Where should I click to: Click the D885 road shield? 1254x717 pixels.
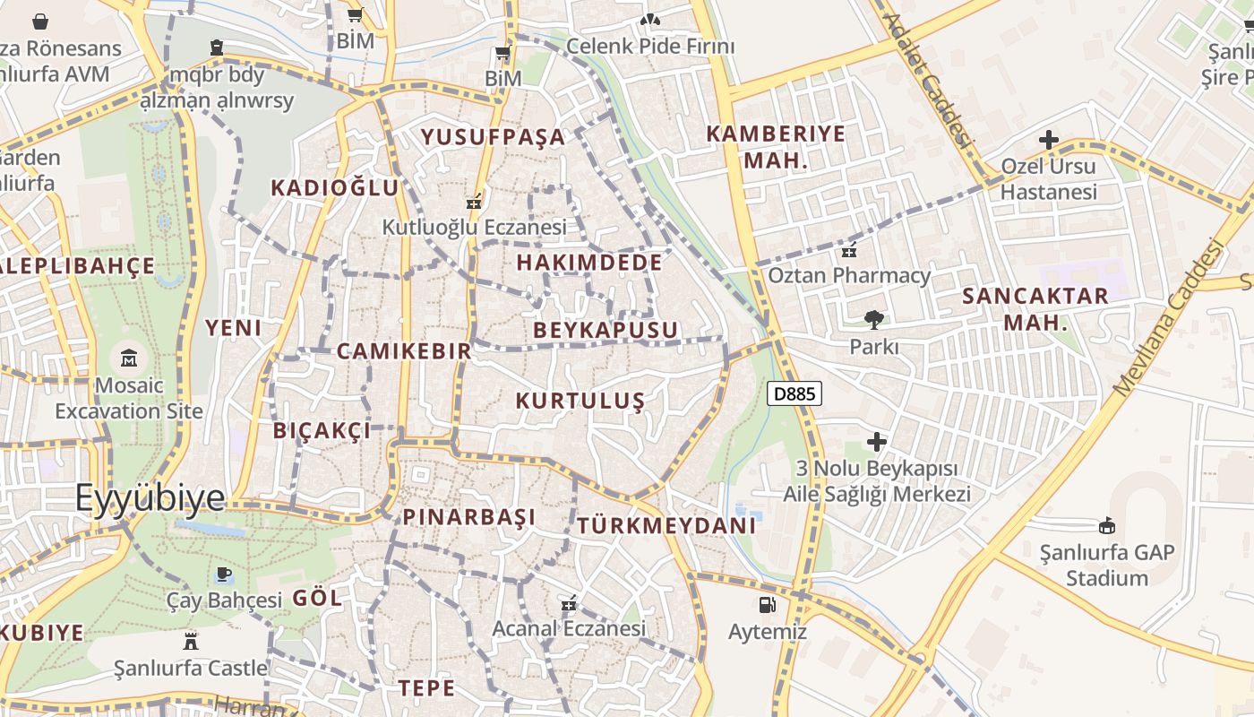(x=794, y=393)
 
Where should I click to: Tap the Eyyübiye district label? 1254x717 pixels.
(x=150, y=497)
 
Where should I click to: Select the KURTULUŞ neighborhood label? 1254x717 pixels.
(x=580, y=400)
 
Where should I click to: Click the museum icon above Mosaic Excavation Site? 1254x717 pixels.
(x=129, y=358)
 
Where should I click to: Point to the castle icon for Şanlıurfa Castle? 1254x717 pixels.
(x=190, y=641)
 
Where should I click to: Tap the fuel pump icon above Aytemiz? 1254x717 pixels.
(x=767, y=605)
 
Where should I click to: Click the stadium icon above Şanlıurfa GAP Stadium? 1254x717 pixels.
(x=1107, y=525)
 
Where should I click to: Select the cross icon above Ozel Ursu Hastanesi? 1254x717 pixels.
(x=1048, y=140)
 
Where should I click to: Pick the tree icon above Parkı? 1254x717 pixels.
(x=873, y=319)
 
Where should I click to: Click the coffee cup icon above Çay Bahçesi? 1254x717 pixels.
(x=224, y=574)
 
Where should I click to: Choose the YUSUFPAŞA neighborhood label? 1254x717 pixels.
(x=494, y=137)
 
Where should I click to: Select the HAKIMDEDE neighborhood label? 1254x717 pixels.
(x=589, y=263)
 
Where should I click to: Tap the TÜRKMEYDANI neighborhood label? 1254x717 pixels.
(x=666, y=525)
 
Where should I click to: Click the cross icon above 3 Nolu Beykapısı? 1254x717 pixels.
(x=877, y=441)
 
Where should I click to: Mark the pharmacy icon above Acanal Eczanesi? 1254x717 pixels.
(x=568, y=604)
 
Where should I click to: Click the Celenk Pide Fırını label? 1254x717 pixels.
(x=650, y=46)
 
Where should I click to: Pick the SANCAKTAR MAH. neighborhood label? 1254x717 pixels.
(x=1035, y=308)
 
